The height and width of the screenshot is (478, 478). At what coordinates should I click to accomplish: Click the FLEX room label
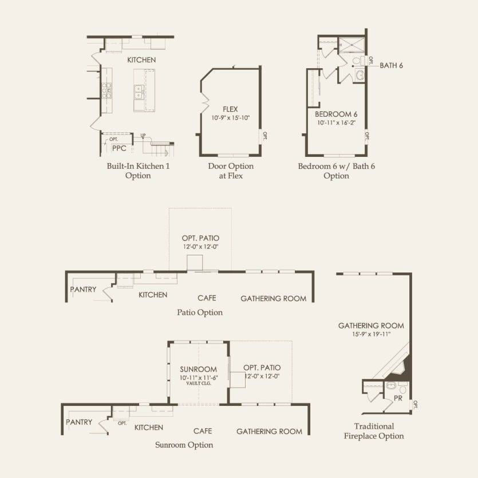tap(230, 109)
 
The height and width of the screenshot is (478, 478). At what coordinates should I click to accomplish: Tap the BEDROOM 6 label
tap(336, 114)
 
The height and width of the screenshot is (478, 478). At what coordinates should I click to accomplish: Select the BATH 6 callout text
tap(391, 65)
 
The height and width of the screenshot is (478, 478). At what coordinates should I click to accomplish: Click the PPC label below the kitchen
tap(119, 148)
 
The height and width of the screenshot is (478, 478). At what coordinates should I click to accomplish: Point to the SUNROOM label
tap(198, 369)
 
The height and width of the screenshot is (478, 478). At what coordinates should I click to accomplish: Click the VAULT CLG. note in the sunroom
tap(199, 383)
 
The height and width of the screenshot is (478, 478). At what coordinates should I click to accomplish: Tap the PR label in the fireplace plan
tap(398, 398)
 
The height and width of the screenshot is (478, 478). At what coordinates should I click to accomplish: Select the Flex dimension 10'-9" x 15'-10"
tap(231, 118)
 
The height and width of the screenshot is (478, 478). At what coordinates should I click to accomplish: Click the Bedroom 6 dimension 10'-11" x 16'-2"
tap(336, 123)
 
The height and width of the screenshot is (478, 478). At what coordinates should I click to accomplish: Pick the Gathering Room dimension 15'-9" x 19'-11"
tap(372, 334)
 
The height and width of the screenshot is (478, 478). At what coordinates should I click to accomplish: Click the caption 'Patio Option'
tap(200, 313)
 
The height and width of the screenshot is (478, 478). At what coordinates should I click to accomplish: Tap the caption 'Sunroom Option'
tap(184, 445)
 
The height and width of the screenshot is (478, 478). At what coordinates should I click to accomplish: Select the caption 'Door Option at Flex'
tap(231, 171)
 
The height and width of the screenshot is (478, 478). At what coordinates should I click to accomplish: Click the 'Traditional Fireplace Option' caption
tap(374, 431)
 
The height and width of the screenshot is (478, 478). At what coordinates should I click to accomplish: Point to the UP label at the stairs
tap(143, 135)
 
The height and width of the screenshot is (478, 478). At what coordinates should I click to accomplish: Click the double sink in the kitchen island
tap(139, 92)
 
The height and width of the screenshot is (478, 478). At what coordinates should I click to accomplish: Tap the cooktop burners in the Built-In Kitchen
tap(106, 90)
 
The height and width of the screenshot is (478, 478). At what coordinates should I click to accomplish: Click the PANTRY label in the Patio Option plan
tap(83, 289)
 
